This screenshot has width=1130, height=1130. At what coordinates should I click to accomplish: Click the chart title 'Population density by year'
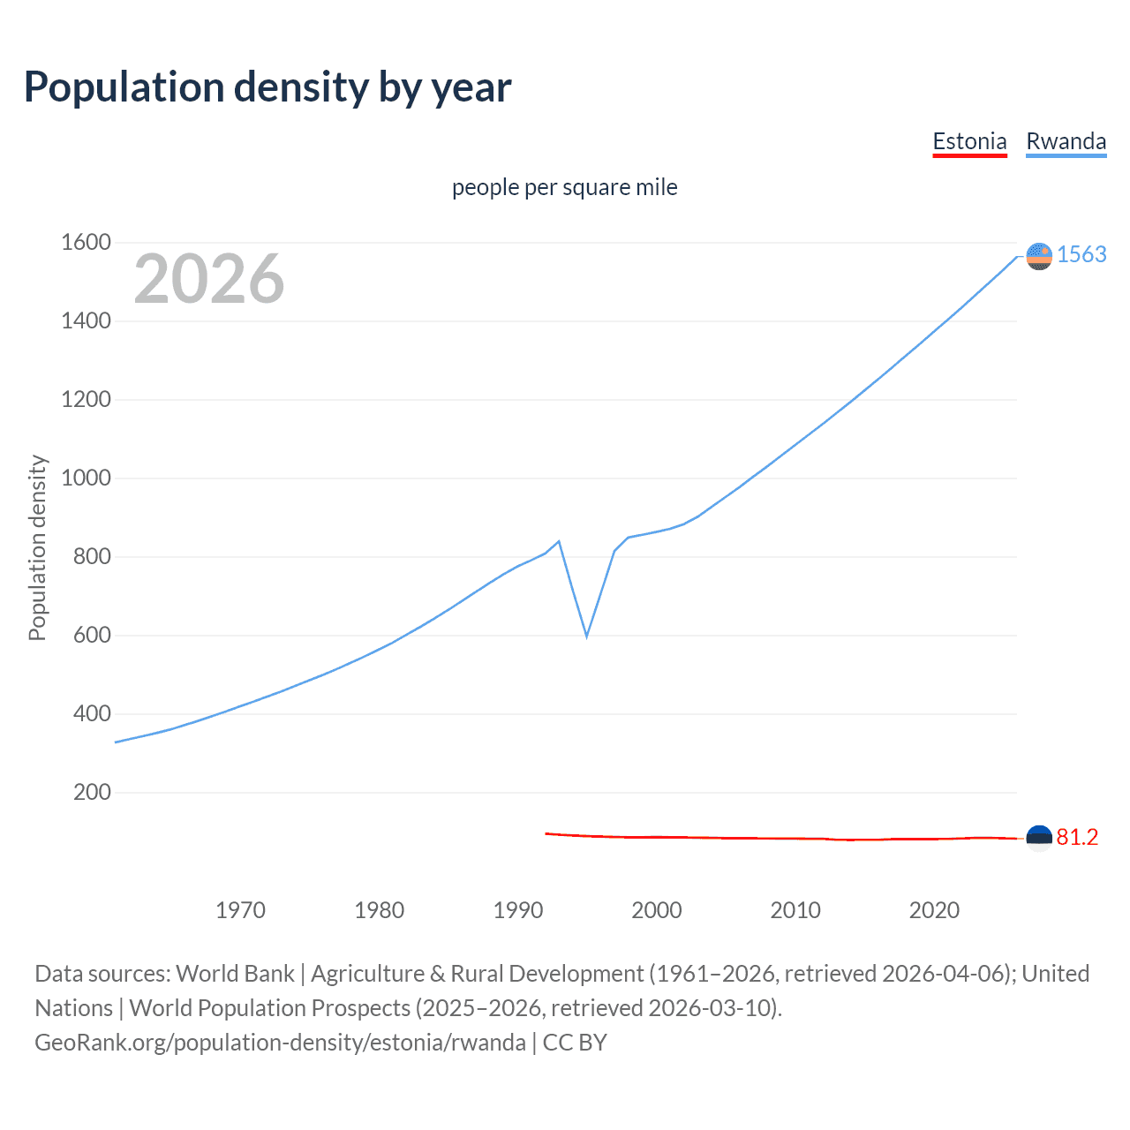click(267, 87)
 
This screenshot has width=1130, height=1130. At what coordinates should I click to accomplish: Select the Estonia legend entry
click(969, 141)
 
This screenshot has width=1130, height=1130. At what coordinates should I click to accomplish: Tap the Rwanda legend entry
click(1066, 141)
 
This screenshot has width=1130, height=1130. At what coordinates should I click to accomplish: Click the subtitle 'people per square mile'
click(564, 188)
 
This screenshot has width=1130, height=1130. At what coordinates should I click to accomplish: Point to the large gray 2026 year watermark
click(209, 279)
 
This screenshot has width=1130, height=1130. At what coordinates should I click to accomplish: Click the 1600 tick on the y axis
click(86, 242)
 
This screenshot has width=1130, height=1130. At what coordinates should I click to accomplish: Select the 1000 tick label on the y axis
click(86, 478)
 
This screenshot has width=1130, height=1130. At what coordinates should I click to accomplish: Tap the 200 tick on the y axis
click(92, 792)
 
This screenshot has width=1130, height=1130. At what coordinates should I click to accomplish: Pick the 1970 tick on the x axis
click(240, 910)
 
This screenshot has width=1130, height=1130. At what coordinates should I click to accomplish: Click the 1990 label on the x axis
click(518, 910)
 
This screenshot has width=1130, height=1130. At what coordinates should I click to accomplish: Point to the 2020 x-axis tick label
click(934, 910)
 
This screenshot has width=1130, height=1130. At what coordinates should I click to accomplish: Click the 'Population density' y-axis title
click(37, 547)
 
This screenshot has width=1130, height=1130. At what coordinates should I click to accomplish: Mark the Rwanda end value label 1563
click(1081, 254)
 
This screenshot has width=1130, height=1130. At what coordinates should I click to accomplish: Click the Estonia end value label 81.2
click(1077, 837)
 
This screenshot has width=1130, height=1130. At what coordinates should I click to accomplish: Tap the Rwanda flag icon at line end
click(1039, 256)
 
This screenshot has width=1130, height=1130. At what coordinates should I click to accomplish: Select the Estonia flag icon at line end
click(1039, 838)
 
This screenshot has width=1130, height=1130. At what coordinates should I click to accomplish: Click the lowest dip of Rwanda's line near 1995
click(586, 636)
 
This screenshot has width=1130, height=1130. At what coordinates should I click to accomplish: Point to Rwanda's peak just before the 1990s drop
click(559, 541)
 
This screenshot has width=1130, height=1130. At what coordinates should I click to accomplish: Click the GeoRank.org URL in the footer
click(280, 1043)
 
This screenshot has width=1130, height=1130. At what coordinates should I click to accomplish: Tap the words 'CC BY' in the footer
click(575, 1043)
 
